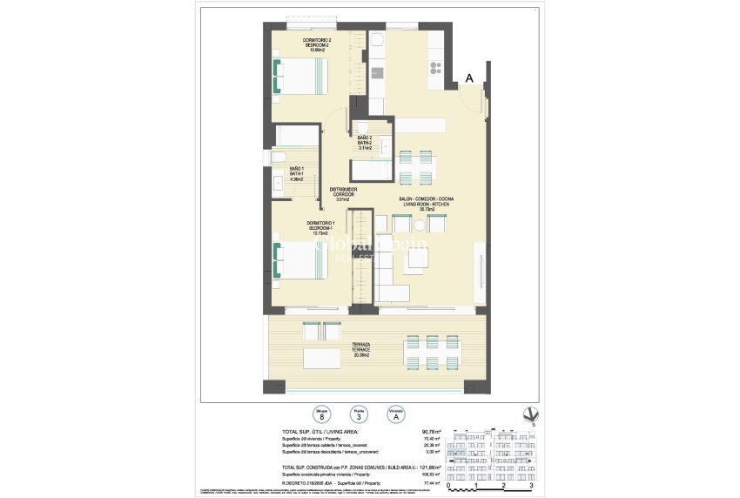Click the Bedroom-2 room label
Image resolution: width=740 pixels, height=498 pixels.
pos(293,45)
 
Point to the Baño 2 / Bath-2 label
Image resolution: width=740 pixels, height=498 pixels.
pos(364,143)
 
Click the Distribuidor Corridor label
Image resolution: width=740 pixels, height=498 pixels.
pos(342,194)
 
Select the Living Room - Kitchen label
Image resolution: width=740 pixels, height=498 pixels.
pos(427,204)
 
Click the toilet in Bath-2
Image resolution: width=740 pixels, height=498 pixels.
pos(363,126)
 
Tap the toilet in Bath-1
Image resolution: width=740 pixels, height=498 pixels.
pos(277,157)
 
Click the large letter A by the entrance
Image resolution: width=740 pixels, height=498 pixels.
pos(468,79)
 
